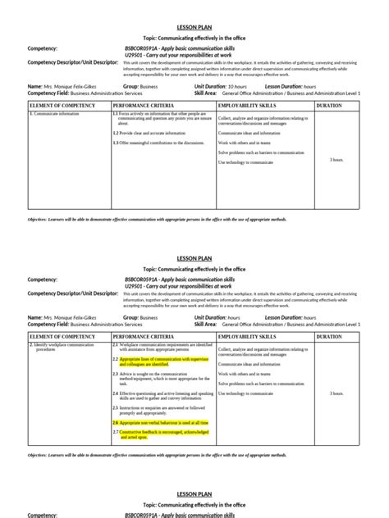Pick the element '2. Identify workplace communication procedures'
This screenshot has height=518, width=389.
coord(62,348)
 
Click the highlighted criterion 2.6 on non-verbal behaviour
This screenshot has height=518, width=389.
coord(161,423)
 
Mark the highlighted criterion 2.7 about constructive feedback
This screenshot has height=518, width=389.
coord(161,434)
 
